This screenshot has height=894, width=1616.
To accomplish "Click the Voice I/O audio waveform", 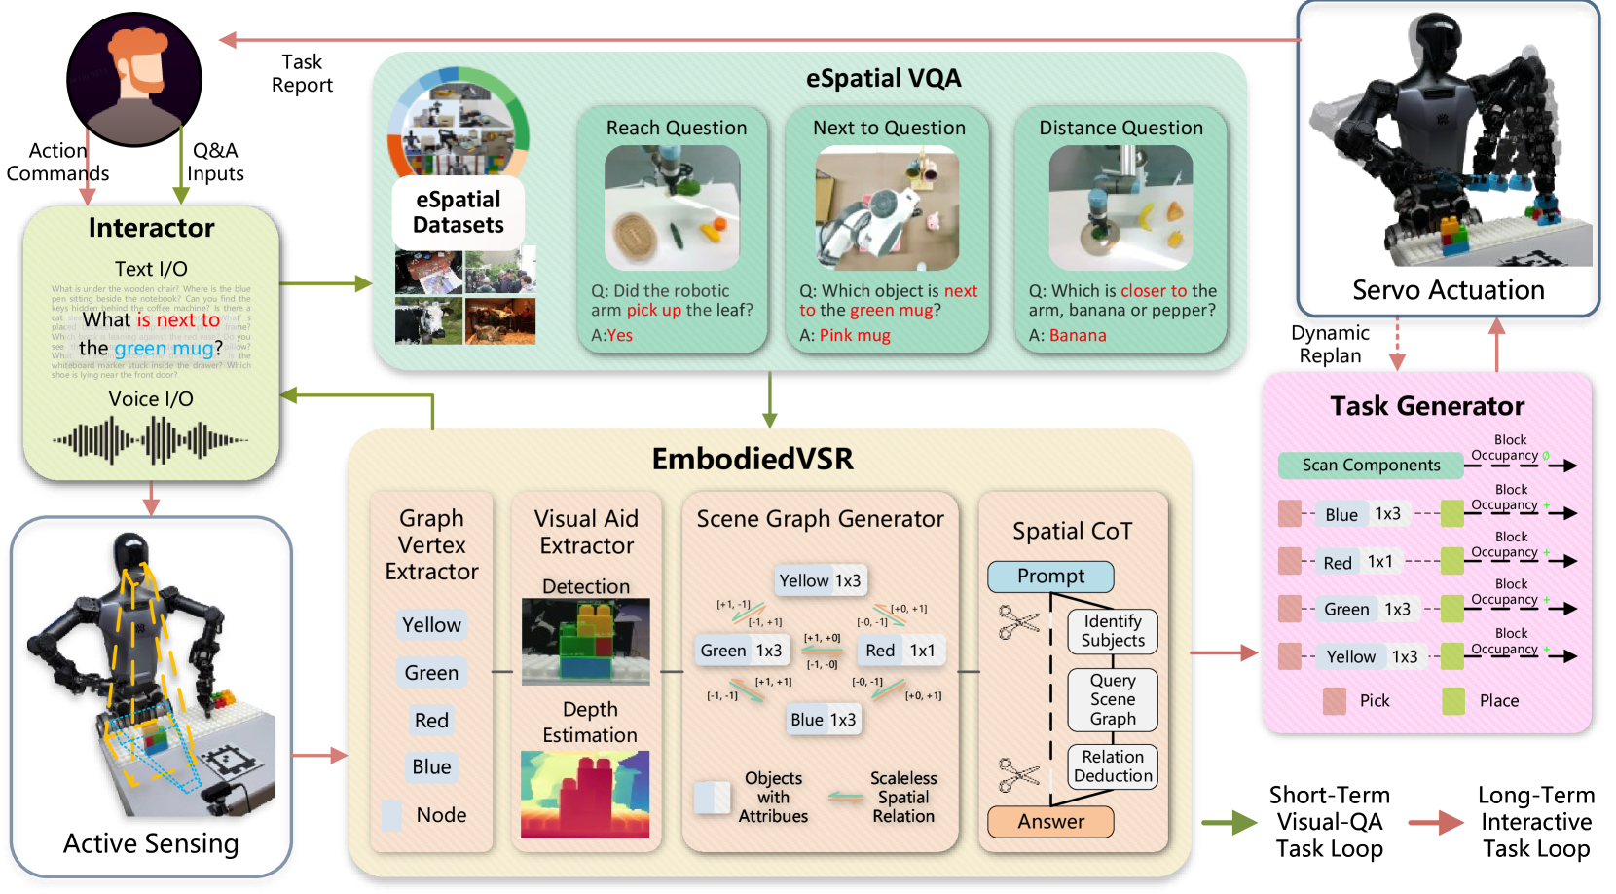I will coord(151,440).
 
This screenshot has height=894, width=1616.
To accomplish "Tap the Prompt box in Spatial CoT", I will coord(1050,577).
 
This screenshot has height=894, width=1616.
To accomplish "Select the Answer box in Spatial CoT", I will coord(1050,822).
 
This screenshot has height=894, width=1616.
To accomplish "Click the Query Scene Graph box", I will coord(1113,699).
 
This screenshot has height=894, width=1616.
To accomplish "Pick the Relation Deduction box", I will coord(1113,766).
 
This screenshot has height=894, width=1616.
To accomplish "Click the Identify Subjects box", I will coord(1113,631).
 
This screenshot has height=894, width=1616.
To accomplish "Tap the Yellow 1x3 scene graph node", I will coord(820,580).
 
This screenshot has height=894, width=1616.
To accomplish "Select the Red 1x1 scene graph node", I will coord(900,651).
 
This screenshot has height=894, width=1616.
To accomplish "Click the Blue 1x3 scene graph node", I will coord(823,720).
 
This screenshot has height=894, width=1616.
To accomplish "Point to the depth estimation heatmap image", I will coord(585,794).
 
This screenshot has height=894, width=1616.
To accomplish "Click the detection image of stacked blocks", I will coord(585,642).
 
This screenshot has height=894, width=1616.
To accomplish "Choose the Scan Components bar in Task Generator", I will coord(1371,466).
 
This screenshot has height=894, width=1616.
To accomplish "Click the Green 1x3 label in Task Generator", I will coord(1367,610).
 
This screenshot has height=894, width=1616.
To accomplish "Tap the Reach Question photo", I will coord(673,207).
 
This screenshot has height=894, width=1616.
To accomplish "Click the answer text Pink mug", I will coord(854,336).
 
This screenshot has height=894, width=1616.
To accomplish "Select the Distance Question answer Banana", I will coord(1077,336).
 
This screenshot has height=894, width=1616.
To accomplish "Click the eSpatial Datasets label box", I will coord(459,212).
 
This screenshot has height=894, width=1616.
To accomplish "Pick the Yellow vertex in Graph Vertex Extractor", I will coord(431,625).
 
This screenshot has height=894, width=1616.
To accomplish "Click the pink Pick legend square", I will coord(1335,701).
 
